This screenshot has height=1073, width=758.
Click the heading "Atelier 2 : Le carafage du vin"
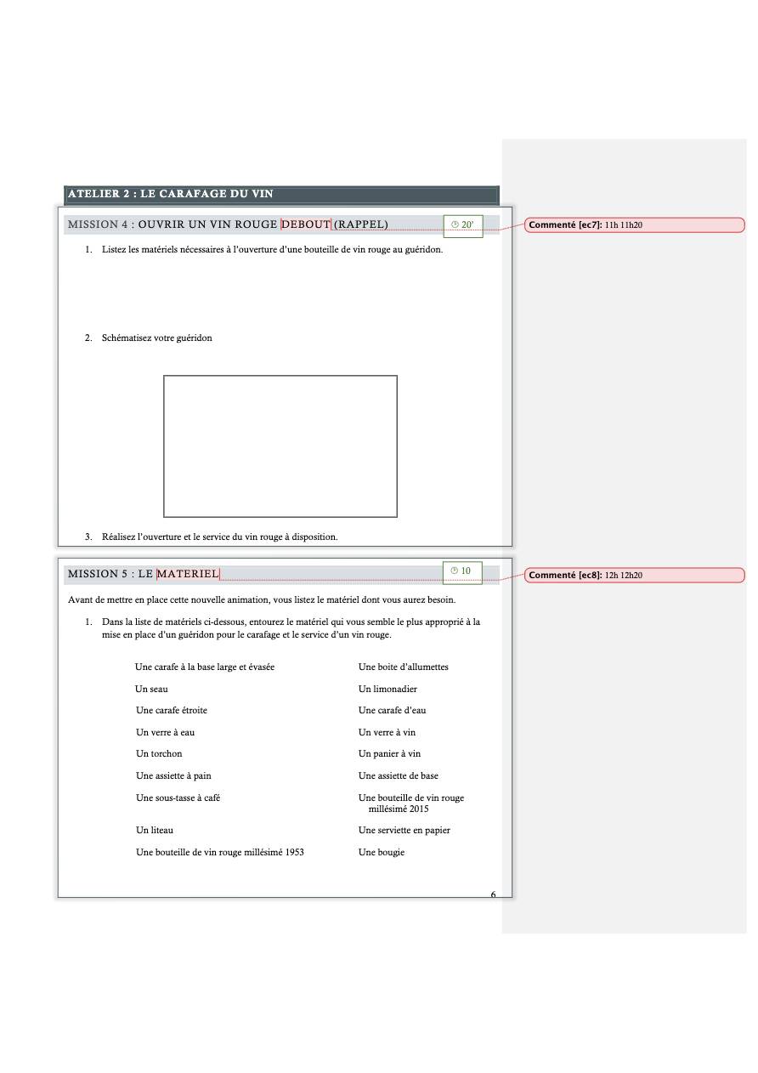click(170, 194)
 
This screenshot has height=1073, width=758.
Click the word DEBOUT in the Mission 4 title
click(306, 224)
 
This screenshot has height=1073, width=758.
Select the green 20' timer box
click(463, 225)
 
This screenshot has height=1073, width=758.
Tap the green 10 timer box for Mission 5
click(462, 571)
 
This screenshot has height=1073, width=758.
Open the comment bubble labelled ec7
click(634, 225)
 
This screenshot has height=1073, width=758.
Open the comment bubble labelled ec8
click(634, 576)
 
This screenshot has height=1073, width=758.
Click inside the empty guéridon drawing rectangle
click(280, 446)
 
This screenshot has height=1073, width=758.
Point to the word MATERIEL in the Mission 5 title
click(188, 575)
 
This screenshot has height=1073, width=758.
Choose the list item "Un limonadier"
click(387, 689)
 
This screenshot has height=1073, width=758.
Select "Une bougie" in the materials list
click(382, 852)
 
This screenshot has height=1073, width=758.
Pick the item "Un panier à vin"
click(389, 753)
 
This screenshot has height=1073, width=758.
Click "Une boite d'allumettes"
click(403, 667)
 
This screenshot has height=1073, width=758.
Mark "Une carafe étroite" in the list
click(172, 710)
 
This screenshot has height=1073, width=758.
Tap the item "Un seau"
click(152, 689)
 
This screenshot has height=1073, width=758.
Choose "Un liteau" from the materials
click(155, 830)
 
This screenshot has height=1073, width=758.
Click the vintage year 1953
click(294, 852)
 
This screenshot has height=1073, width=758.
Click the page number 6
click(493, 894)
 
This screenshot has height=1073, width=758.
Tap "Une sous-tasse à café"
click(178, 798)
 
